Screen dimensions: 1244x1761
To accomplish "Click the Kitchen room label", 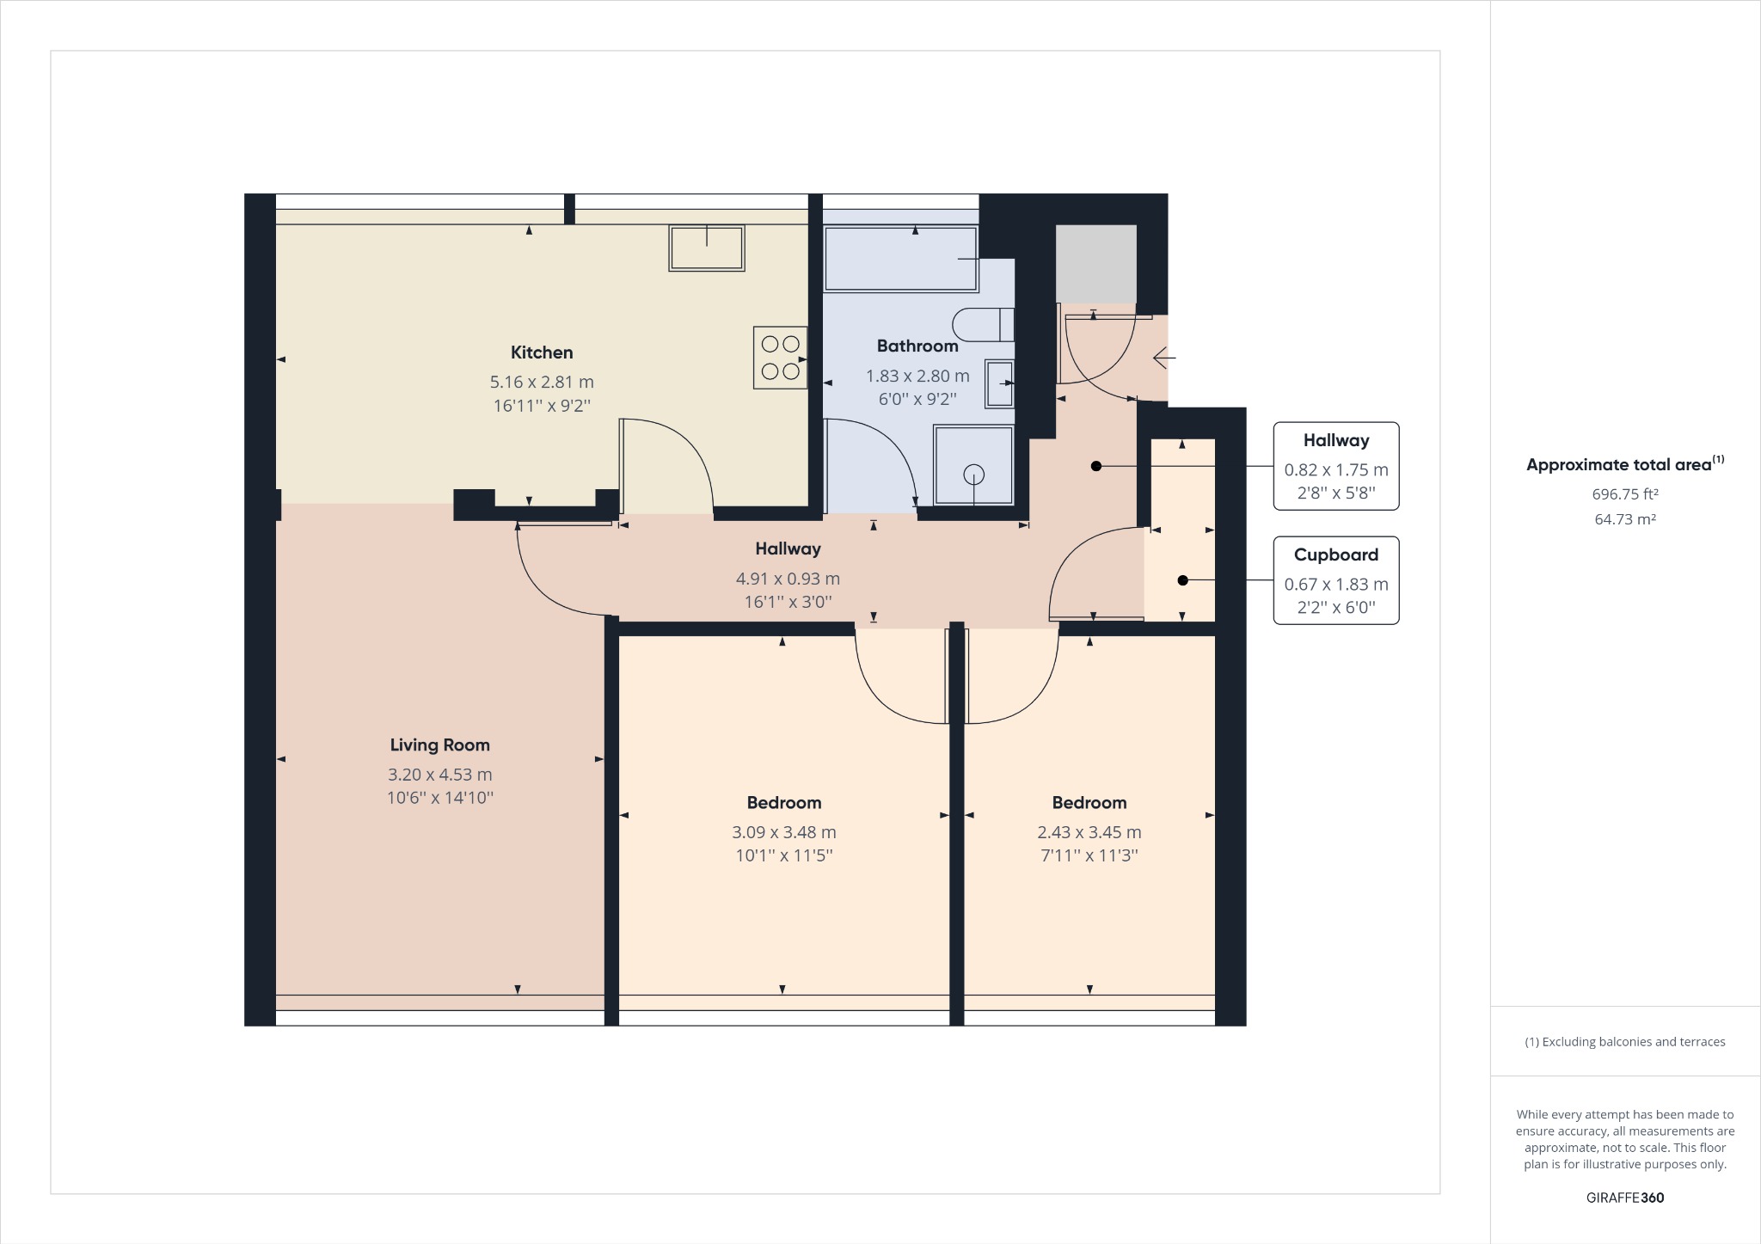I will click(x=541, y=352).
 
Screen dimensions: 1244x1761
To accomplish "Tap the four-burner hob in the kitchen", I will click(x=780, y=358).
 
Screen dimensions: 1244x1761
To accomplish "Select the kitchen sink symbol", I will click(x=706, y=248).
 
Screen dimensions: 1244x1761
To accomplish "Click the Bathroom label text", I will click(x=917, y=346).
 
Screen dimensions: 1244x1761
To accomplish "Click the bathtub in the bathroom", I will click(x=900, y=259).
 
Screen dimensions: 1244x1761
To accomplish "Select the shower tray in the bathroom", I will click(x=973, y=464).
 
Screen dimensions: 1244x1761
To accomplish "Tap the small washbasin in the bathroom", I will click(x=999, y=383).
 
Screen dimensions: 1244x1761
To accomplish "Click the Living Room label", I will click(x=439, y=745).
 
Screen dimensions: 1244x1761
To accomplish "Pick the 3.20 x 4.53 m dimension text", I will click(x=439, y=775).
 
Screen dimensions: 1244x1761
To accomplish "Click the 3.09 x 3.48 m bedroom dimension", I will click(x=783, y=832).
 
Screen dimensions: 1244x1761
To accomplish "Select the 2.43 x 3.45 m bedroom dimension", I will click(x=1089, y=832).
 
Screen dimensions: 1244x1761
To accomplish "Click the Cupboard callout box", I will click(x=1335, y=581).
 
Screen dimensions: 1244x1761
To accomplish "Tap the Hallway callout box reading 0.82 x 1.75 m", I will click(x=1335, y=466).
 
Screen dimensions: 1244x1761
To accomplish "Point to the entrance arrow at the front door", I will click(x=1163, y=357).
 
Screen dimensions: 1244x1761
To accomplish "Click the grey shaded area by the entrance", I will click(x=1095, y=263).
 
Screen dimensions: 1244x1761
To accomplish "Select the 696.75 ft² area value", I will click(x=1624, y=494).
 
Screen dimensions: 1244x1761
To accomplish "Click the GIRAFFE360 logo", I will click(x=1624, y=1198).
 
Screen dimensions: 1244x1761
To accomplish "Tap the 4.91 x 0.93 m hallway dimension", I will click(x=787, y=579).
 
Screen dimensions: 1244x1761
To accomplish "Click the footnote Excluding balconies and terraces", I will click(x=1624, y=1042).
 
